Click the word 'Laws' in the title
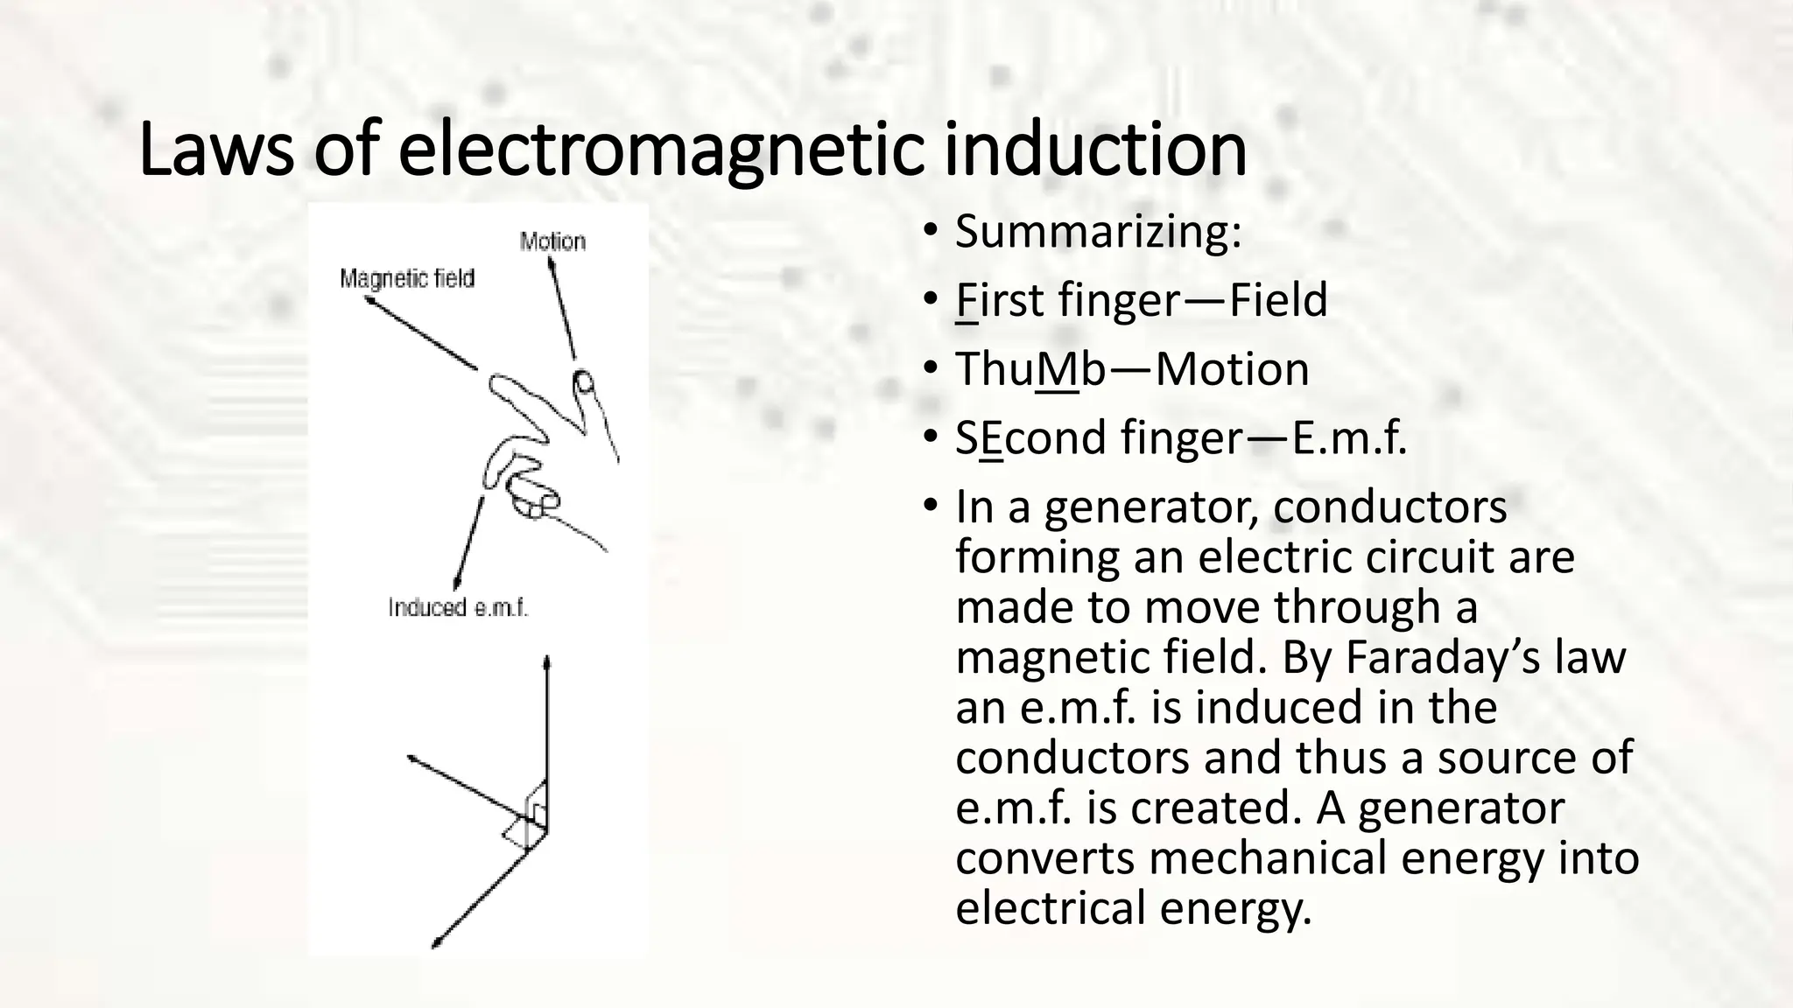[215, 150]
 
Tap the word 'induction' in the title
[1095, 150]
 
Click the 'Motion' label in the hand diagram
[552, 241]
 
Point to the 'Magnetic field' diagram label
[407, 278]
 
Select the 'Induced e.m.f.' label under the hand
[458, 607]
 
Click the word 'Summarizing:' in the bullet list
[1098, 232]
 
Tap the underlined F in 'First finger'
[967, 300]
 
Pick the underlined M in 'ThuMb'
[1057, 369]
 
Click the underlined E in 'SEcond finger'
[991, 437]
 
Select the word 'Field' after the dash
[1278, 300]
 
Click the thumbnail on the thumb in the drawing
[583, 381]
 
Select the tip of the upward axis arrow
[547, 661]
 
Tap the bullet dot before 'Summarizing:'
[930, 232]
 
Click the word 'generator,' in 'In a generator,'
[1151, 507]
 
